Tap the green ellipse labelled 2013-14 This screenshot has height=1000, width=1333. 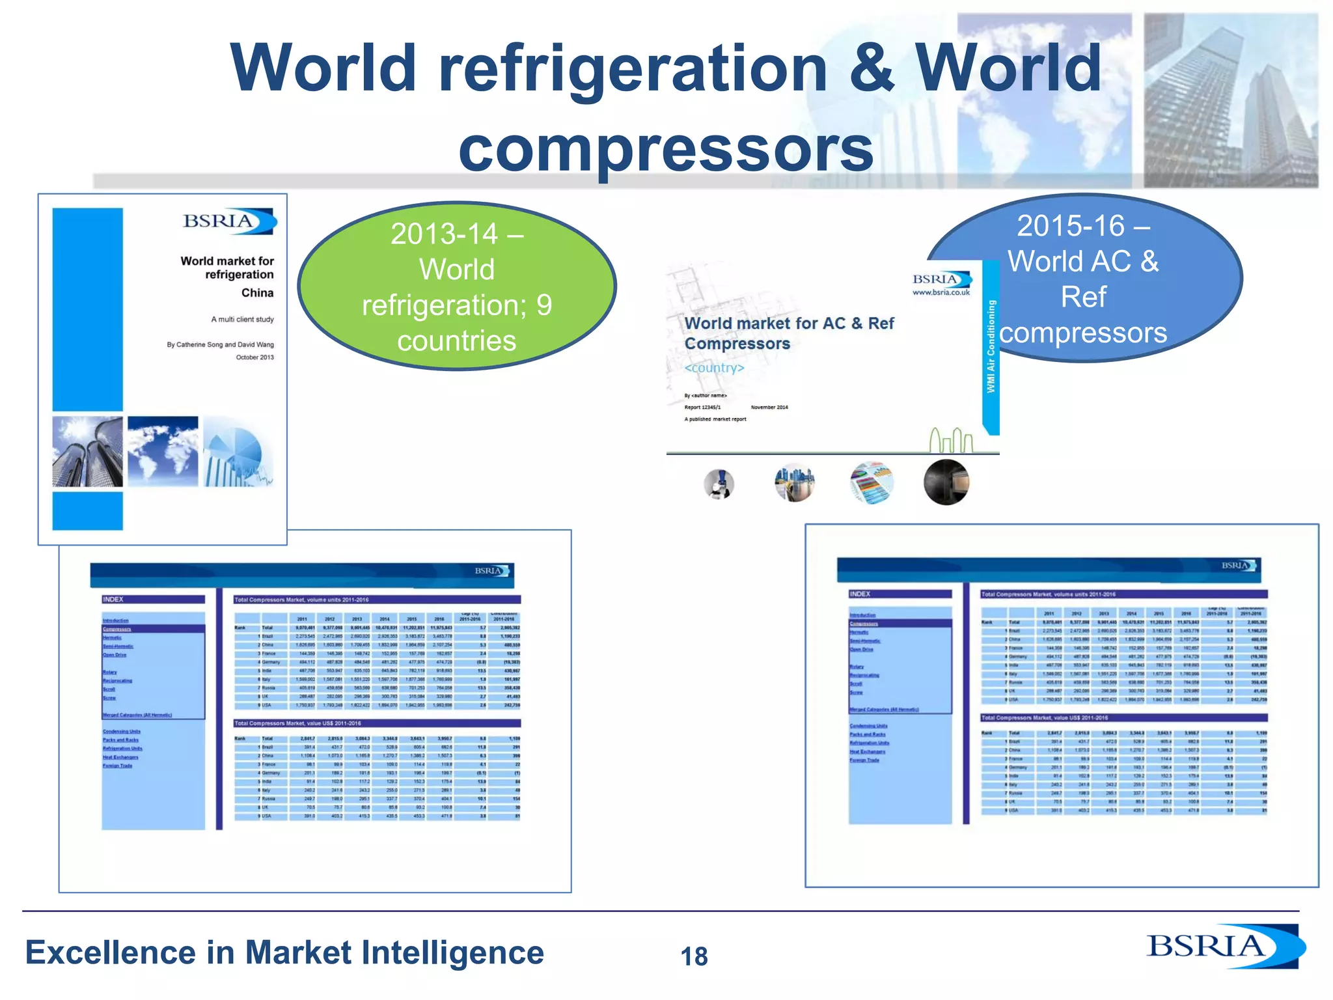(456, 286)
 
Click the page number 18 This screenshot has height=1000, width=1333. (694, 956)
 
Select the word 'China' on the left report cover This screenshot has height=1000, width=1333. (257, 293)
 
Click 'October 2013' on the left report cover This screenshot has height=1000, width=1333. (254, 357)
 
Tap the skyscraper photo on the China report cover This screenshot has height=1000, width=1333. (87, 452)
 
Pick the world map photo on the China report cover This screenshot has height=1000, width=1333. (163, 452)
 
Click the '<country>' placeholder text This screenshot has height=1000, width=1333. (714, 368)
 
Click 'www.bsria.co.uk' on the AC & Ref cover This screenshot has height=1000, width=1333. (941, 293)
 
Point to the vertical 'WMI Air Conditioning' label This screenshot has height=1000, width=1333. (991, 346)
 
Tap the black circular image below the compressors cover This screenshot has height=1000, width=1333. (946, 482)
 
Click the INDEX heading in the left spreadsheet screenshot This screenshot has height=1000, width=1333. (113, 600)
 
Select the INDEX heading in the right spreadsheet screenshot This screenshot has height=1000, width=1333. (860, 594)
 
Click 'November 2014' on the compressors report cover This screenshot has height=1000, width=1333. (769, 408)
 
